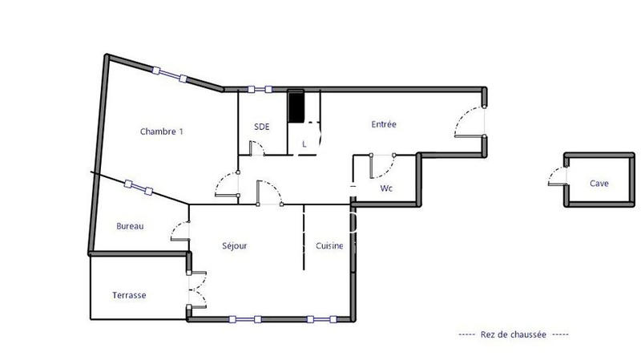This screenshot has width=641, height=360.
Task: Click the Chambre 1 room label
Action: (162, 131)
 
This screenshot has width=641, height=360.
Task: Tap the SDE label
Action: (261, 126)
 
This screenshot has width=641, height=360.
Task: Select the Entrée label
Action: (384, 124)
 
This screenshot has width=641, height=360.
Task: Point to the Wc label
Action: (385, 189)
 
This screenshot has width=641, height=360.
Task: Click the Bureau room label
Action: (130, 226)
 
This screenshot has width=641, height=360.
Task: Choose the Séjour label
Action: (234, 246)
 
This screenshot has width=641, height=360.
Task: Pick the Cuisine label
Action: (329, 246)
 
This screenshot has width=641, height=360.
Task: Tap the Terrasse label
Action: (128, 295)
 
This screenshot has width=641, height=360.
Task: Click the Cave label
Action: (599, 183)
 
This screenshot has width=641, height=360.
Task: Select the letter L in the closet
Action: (304, 144)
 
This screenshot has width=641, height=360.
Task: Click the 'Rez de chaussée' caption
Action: (514, 334)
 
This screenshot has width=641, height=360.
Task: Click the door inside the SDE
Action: (257, 148)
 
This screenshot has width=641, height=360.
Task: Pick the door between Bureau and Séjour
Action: (179, 230)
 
